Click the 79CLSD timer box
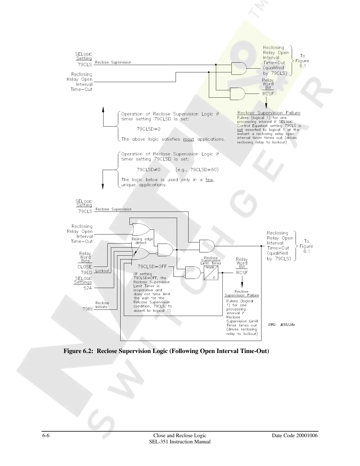coord(211,273)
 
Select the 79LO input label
coord(86,272)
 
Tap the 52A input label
coord(88,288)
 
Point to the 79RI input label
coord(87,309)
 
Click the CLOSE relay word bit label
coord(85,267)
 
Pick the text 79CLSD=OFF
coord(152,267)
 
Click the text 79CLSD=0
coord(149,129)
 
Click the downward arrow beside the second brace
coord(103,186)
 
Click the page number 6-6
coord(45,435)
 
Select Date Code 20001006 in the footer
coord(295,435)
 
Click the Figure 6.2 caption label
coord(166,351)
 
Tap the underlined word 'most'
coord(189,139)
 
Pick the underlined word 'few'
coord(209,180)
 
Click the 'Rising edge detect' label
coord(142,241)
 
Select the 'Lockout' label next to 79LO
coord(102,271)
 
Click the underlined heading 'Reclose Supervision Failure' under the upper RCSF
coord(269,113)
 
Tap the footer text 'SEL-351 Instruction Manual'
coord(180,442)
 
